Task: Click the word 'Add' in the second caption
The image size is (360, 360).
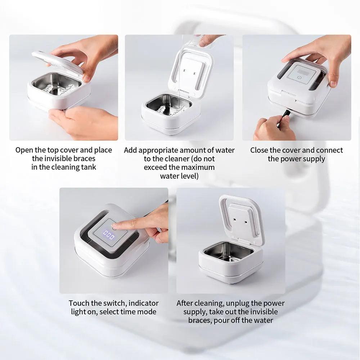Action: click(x=131, y=150)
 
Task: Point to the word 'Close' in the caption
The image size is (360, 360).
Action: click(x=259, y=150)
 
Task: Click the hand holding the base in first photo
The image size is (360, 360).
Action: click(x=83, y=121)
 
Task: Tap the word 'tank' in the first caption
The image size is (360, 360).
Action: click(x=89, y=167)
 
